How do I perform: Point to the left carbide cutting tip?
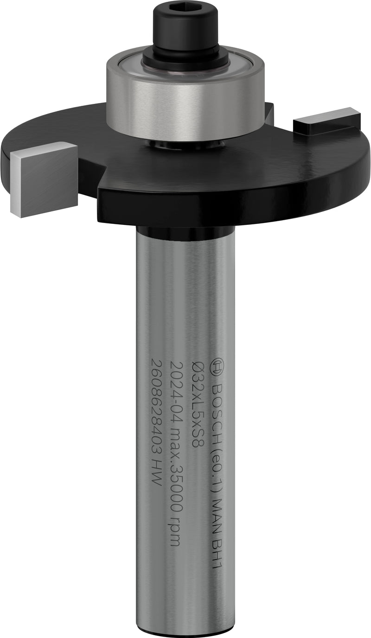point(44,179)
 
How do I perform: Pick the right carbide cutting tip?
point(326,119)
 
